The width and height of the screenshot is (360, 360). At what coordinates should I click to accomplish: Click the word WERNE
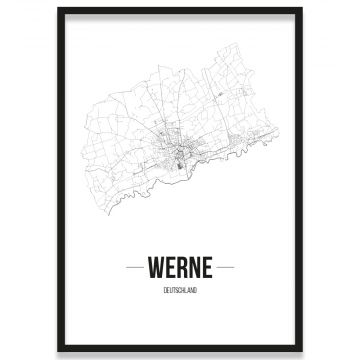pos(179,268)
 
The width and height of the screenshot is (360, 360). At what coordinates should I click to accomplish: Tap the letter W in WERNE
pos(156,268)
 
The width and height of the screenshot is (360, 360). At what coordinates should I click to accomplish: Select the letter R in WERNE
pos(181,268)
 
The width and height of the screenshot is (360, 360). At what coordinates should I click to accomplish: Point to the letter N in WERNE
pos(193,268)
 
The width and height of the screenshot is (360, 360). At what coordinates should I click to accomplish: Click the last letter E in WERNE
pos(205,268)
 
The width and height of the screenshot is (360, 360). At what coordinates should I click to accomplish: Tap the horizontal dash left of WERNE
pos(135,268)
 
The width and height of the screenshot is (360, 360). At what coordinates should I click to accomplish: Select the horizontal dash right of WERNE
pos(224,268)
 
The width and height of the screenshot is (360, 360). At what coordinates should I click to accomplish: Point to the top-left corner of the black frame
pos(59,9)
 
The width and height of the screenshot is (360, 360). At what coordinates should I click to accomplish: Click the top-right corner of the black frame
pos(301,9)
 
